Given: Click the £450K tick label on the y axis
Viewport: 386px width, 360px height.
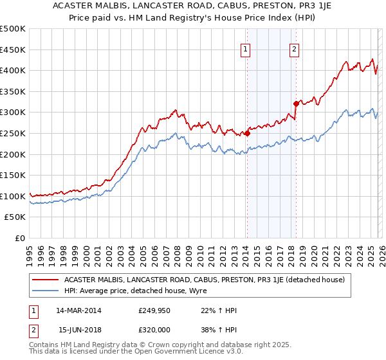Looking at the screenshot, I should [x=13, y=50].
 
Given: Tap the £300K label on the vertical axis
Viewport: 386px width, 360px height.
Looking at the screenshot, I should [x=13, y=113].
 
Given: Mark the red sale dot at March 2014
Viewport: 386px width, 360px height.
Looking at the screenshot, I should [x=247, y=134].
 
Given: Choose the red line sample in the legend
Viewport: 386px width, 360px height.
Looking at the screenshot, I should [x=45, y=280].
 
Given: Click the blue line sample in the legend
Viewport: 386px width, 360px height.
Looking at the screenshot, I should [x=45, y=291].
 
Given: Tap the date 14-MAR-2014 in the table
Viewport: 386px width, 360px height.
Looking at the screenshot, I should [x=77, y=310].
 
